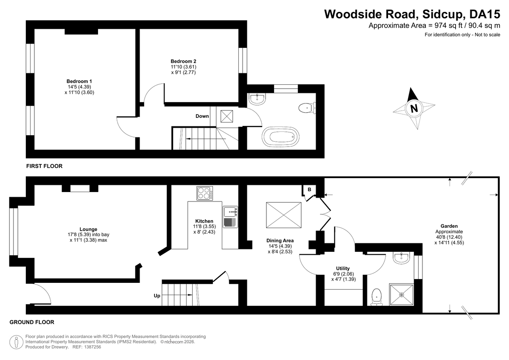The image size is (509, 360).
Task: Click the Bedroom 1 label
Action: point(79,81)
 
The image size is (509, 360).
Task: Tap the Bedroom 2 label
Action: point(183,61)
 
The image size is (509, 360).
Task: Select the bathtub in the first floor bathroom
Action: point(280,137)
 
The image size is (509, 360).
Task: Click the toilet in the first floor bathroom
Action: point(307,108)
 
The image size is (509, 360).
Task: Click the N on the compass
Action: point(414,109)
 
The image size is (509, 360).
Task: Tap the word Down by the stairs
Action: point(202,116)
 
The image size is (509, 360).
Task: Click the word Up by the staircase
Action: point(157,296)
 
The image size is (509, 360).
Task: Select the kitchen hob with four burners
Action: point(205,193)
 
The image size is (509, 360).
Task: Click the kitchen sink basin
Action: point(230,212)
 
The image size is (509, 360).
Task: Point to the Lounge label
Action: point(88,229)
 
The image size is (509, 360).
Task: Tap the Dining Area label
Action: point(280,240)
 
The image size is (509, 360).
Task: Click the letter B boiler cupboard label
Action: point(309,190)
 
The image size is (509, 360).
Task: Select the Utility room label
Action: point(343,268)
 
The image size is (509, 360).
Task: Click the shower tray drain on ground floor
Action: point(402,295)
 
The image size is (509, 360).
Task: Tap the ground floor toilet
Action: point(377,297)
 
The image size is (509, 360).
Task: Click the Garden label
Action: point(449,226)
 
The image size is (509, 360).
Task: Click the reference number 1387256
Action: point(92,347)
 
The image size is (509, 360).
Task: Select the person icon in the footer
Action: point(17,342)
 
